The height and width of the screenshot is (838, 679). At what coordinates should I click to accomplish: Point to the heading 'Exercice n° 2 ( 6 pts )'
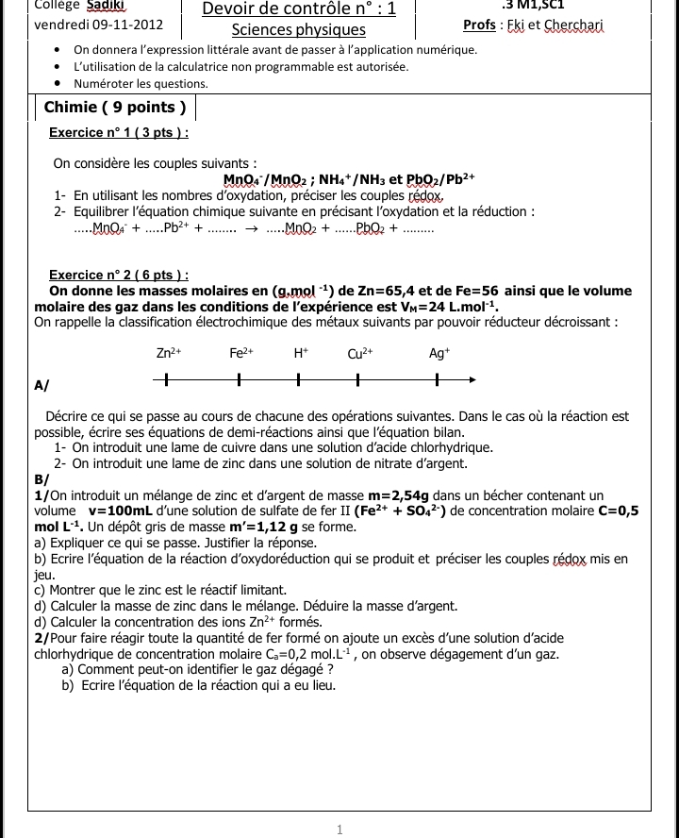click(119, 275)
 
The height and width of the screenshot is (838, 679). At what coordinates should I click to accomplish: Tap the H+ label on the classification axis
click(300, 355)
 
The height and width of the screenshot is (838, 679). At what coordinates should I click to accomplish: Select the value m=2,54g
click(399, 495)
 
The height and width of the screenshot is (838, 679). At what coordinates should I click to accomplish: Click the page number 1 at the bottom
click(339, 830)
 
